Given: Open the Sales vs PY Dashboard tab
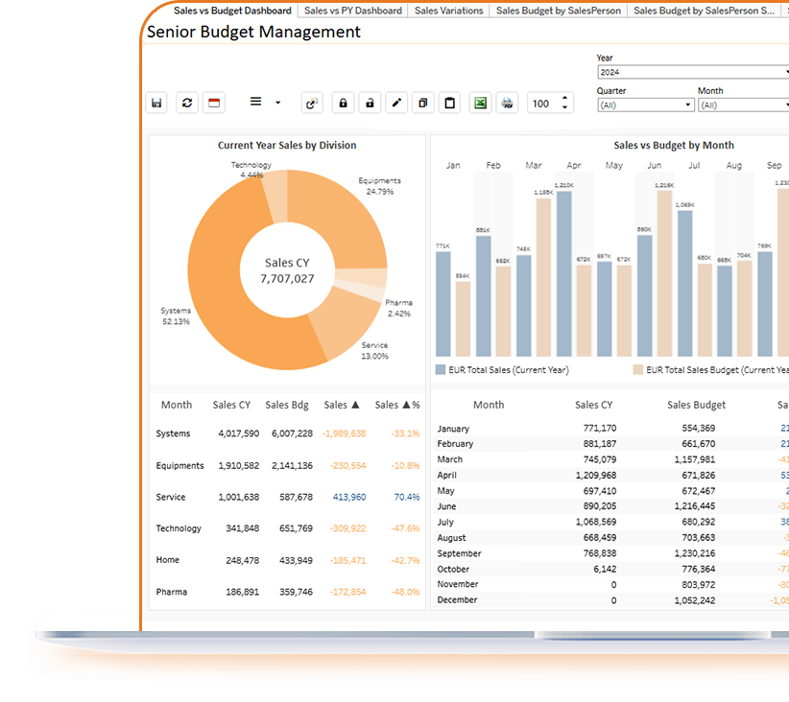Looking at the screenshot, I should (352, 11).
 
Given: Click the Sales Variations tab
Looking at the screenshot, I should (448, 11).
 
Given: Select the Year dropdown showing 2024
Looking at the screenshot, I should (691, 72).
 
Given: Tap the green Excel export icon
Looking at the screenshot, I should (480, 104).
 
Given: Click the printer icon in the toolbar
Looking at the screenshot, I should (508, 104).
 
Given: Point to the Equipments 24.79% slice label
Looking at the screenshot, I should (379, 186).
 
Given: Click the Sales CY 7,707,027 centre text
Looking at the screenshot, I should (287, 270).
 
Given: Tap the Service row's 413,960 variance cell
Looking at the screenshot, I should (348, 497).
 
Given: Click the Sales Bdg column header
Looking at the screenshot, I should (287, 405).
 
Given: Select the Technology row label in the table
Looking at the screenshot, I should (179, 528).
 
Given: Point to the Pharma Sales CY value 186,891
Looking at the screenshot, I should (238, 592).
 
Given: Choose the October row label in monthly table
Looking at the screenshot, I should (455, 569).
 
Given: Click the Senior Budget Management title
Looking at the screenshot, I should (253, 32).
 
